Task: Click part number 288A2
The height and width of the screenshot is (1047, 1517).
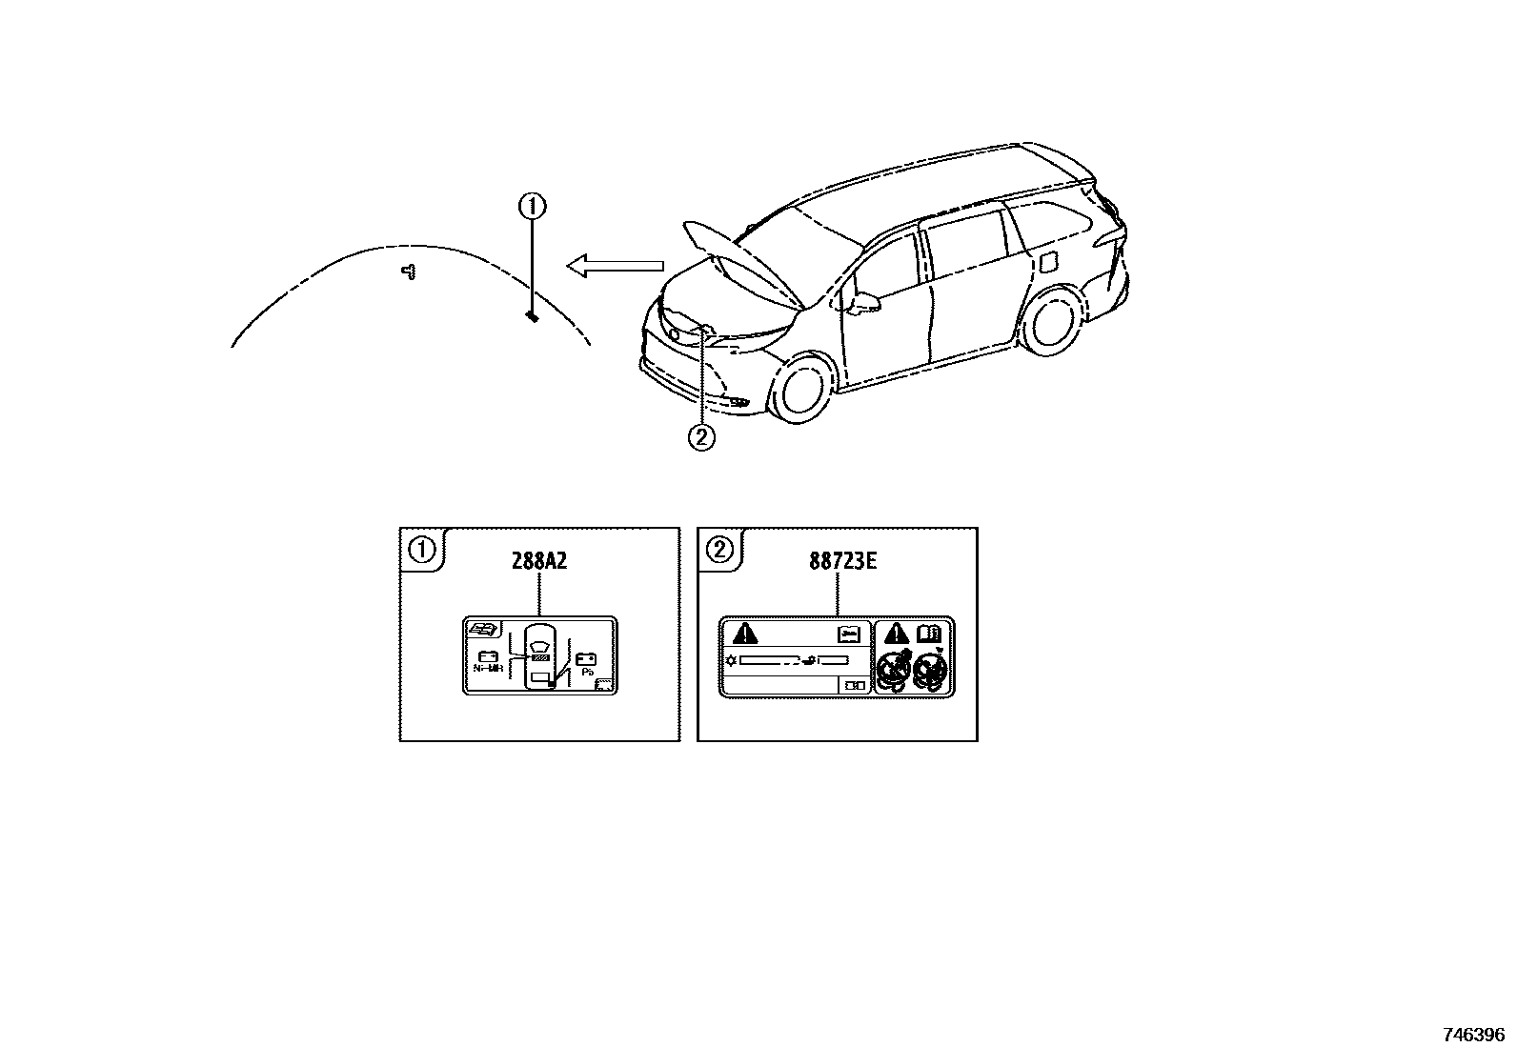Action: tap(539, 560)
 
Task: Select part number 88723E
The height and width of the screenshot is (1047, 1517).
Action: tap(842, 560)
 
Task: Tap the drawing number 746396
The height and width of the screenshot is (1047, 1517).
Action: tap(1472, 1034)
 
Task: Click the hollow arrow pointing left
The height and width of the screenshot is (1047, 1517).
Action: tap(615, 266)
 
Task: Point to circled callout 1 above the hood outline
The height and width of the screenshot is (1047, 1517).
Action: tap(532, 205)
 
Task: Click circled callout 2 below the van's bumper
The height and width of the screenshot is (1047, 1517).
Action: tap(701, 437)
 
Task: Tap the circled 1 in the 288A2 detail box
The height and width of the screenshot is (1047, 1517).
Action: tap(420, 549)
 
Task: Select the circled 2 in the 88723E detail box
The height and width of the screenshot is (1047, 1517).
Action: tap(719, 549)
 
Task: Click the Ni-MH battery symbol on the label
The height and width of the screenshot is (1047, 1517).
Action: tap(487, 657)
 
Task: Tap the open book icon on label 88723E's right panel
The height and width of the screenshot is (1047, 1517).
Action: tap(928, 633)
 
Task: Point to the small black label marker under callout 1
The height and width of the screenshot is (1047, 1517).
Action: tap(532, 316)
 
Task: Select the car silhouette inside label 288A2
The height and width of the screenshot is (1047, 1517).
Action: tap(540, 656)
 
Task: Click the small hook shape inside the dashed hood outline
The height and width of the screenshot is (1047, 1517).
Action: tap(409, 272)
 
